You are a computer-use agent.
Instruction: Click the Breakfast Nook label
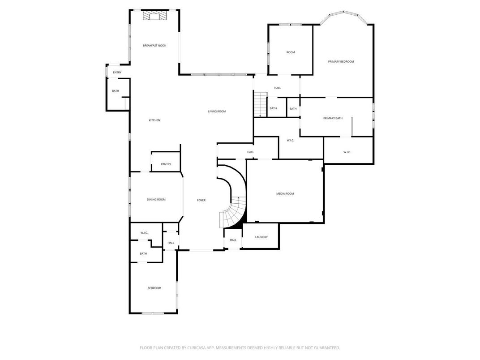pyautogui.click(x=154, y=46)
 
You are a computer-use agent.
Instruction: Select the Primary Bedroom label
pyautogui.click(x=341, y=62)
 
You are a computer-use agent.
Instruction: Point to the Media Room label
pyautogui.click(x=285, y=193)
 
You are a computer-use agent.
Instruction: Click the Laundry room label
pyautogui.click(x=261, y=237)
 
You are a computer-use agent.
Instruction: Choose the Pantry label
pyautogui.click(x=166, y=164)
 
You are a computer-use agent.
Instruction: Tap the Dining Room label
pyautogui.click(x=156, y=200)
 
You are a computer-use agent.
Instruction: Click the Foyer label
pyautogui.click(x=201, y=200)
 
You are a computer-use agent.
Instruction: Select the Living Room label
pyautogui.click(x=217, y=111)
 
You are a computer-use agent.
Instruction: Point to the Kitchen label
pyautogui.click(x=154, y=120)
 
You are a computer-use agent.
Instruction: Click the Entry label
pyautogui.click(x=117, y=73)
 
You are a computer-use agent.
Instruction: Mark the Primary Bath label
pyautogui.click(x=333, y=118)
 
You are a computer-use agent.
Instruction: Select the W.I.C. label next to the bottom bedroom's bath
pyautogui.click(x=144, y=233)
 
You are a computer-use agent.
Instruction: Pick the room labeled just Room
pyautogui.click(x=291, y=53)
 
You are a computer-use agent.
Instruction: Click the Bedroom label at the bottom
pyautogui.click(x=154, y=288)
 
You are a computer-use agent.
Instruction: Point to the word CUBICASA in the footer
pyautogui.click(x=203, y=347)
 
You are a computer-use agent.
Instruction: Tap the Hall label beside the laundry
pyautogui.click(x=233, y=240)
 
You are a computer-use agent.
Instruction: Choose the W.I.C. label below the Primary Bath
pyautogui.click(x=347, y=152)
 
